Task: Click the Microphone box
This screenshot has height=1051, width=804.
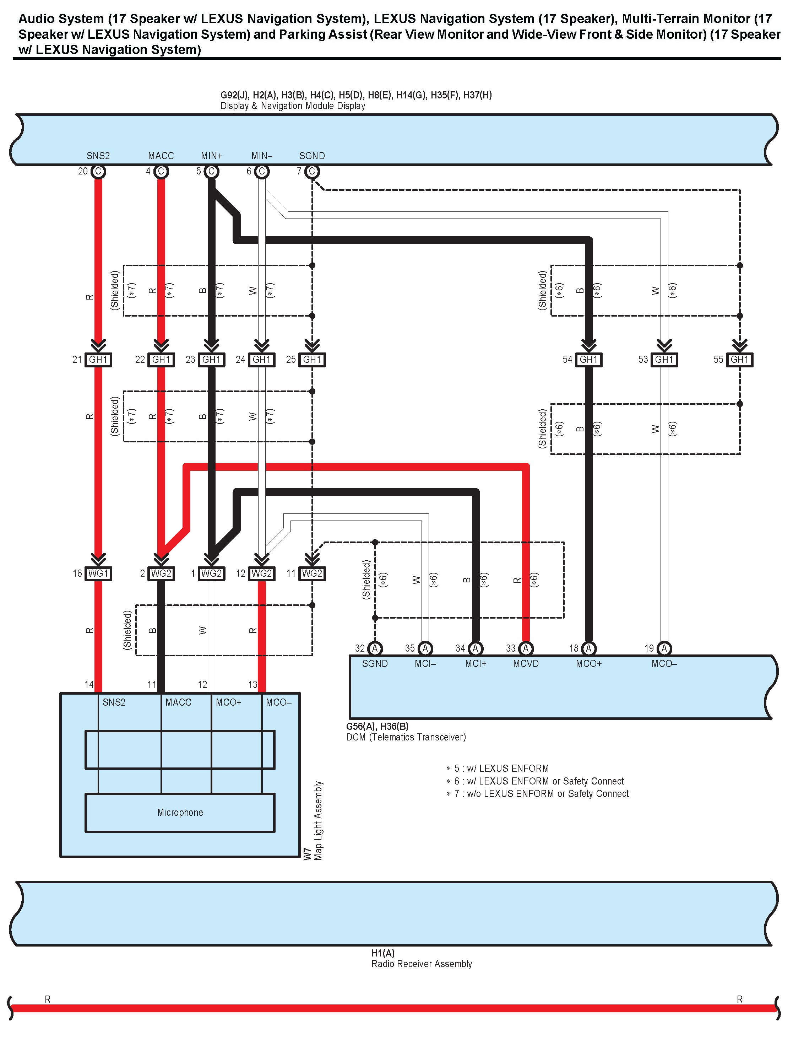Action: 180,813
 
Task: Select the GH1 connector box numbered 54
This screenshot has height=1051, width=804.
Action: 589,360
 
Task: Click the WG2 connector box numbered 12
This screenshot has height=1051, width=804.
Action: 262,573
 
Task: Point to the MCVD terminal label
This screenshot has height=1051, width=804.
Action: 526,664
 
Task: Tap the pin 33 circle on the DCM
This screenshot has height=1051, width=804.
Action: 526,648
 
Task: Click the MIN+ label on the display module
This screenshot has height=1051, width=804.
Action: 212,156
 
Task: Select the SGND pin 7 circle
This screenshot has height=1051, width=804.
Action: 312,171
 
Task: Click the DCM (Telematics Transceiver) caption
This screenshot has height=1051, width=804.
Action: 406,737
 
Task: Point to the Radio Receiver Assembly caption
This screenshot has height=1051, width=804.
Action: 421,964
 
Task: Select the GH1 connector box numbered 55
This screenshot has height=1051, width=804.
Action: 739,360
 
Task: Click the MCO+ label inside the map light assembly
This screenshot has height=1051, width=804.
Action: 228,702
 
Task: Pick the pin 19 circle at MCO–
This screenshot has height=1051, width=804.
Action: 664,648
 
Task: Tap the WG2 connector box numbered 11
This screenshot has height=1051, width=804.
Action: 312,573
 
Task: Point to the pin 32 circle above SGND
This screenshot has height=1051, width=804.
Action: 375,648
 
